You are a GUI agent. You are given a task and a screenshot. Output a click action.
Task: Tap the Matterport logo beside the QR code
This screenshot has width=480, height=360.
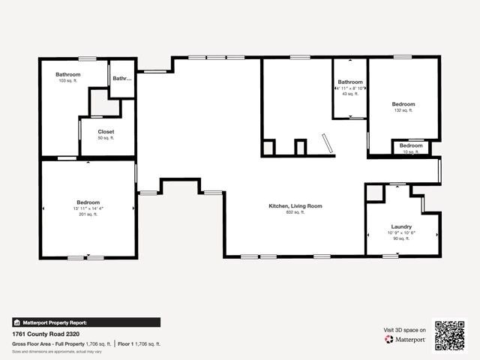[x=406, y=339]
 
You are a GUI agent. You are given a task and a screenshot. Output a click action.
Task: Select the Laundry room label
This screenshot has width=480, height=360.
[x=401, y=226]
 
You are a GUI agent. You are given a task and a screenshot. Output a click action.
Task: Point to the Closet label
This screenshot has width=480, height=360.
[x=106, y=131]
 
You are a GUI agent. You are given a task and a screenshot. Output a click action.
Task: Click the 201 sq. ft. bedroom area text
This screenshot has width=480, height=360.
[x=88, y=214]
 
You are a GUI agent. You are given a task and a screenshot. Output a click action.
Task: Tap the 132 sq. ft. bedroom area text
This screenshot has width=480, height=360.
[x=403, y=110]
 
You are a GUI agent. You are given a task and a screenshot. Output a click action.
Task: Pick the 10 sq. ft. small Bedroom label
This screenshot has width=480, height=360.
[x=410, y=145]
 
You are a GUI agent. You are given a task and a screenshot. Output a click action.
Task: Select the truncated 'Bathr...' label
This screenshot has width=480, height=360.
[x=121, y=78]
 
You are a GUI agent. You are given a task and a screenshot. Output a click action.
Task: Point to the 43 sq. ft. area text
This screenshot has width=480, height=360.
[x=349, y=94]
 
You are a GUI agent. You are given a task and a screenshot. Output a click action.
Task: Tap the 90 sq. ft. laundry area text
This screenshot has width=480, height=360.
[x=401, y=238]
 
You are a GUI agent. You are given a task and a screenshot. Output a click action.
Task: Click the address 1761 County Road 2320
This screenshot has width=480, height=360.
[x=46, y=334]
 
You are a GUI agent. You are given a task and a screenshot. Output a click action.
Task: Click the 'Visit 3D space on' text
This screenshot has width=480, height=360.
[x=405, y=329]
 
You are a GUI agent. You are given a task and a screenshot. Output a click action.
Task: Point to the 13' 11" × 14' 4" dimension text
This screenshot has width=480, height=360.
[x=88, y=208]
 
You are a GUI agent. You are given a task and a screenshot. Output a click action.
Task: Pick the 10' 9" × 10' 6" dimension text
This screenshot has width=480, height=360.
[x=401, y=232]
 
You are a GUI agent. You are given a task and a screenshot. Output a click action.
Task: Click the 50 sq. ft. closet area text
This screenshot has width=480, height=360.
[x=106, y=138]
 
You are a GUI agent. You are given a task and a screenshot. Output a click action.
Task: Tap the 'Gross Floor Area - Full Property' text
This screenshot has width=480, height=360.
[x=48, y=343]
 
